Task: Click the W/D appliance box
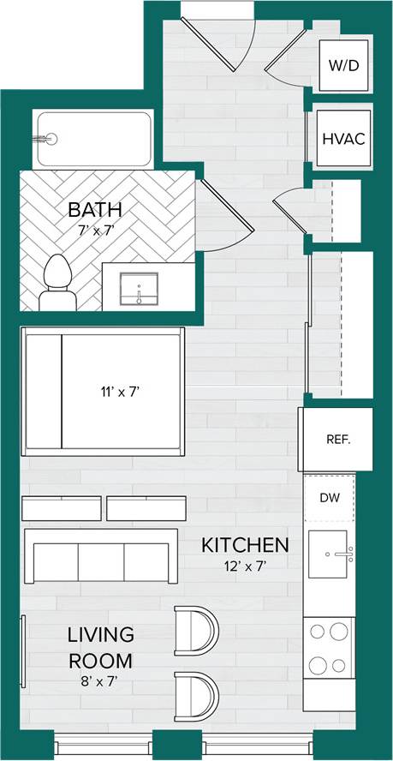345,66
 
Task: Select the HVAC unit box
344,139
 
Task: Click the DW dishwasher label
330,498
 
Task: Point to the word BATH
94,209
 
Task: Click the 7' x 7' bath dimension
94,230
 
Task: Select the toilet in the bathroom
57,281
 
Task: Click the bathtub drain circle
50,138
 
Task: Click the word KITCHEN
244,545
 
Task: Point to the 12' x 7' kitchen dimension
244,566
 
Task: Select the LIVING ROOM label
101,648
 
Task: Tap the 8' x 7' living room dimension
101,682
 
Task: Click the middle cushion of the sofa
101,563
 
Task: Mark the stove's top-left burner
318,632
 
